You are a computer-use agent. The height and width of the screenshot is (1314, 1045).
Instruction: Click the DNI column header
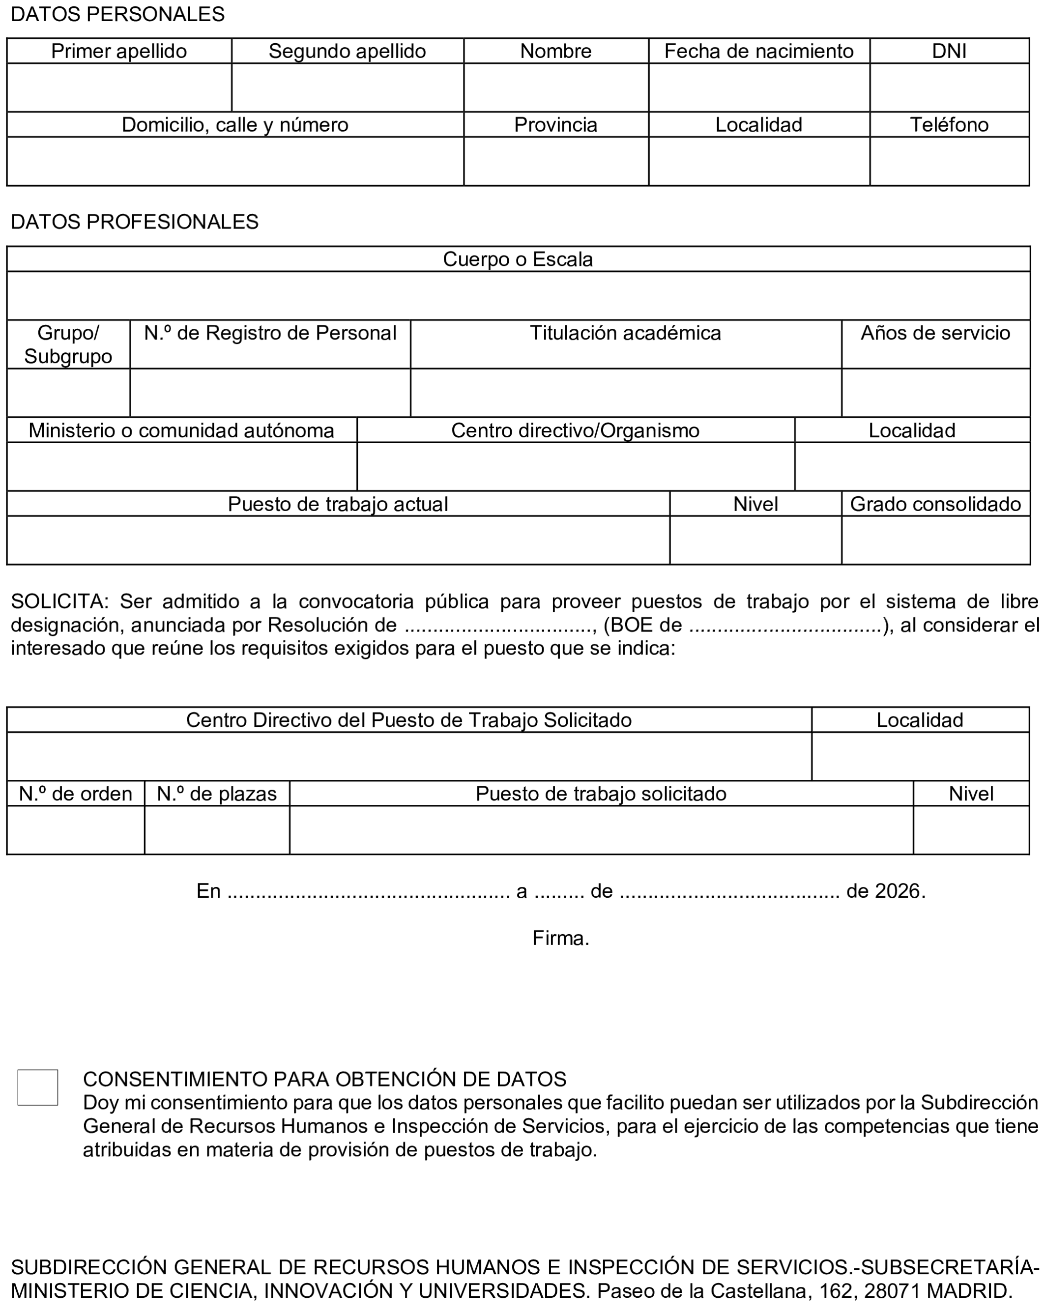[x=949, y=51]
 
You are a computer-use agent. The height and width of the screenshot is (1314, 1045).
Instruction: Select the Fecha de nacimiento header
[x=758, y=51]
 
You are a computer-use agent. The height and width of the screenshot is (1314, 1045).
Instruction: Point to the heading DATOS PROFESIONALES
[x=135, y=222]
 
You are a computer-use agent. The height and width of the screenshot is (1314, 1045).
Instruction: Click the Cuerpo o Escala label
[x=518, y=259]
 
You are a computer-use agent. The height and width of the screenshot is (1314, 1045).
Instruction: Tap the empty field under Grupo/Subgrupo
[x=68, y=393]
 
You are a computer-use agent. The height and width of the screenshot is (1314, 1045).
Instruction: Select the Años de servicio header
[x=935, y=333]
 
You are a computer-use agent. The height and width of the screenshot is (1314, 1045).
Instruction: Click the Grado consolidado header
[x=935, y=504]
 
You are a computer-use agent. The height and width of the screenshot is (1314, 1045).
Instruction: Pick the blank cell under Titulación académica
[x=626, y=393]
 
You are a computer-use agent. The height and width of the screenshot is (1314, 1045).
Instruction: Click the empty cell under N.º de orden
[x=76, y=829]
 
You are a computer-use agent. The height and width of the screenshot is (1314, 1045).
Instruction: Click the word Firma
[x=560, y=938]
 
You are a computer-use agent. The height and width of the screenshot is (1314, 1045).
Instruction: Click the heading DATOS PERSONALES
[x=117, y=14]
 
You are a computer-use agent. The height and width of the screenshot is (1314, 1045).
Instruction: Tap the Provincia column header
[x=555, y=124]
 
